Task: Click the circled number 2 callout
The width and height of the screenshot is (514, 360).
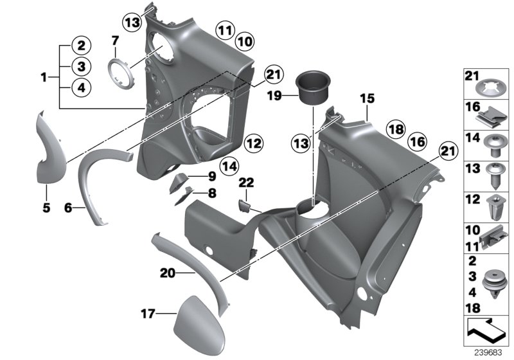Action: point(81,46)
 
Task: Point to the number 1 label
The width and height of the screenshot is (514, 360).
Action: point(44,78)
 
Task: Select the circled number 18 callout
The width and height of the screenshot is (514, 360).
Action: point(396,130)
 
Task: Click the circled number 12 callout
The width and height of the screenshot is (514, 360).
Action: point(253,142)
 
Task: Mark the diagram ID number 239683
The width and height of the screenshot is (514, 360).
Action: point(488,352)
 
